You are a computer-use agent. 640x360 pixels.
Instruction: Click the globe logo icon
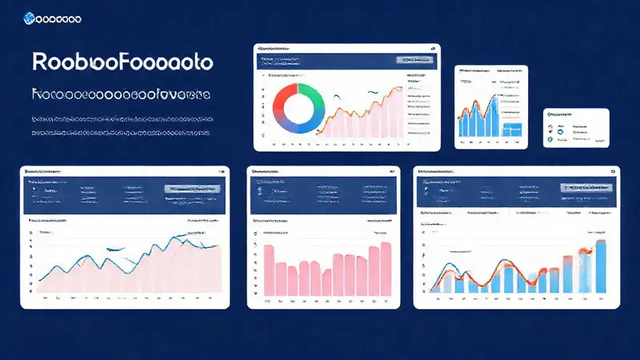(30, 17)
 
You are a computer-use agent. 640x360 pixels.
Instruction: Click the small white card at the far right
(576, 128)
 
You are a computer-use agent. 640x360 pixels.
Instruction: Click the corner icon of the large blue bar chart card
(613, 170)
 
